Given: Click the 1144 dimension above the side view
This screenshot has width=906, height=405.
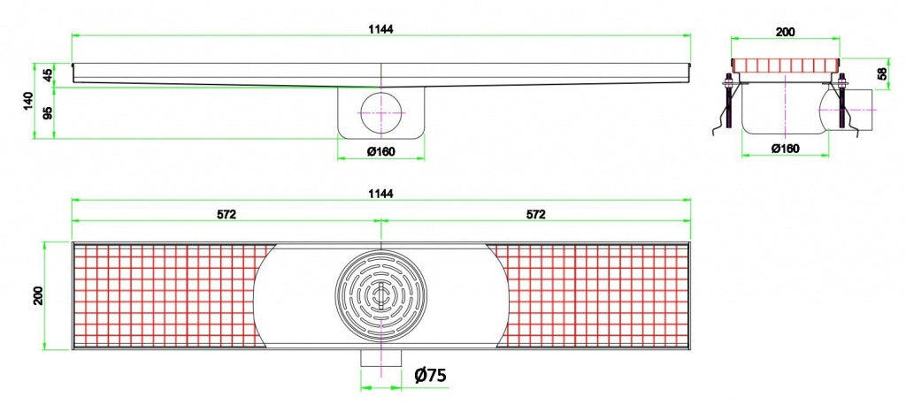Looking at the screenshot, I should coord(381,28).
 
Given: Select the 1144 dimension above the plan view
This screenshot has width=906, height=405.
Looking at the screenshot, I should coord(381,192).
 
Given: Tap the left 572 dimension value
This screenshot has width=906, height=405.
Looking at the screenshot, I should coord(226,213).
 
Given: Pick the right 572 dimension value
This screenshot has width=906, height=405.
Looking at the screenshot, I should coord(535,213).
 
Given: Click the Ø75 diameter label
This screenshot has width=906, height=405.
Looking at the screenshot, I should coord(430,375).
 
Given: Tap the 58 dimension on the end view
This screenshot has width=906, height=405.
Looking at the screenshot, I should coord(881,74).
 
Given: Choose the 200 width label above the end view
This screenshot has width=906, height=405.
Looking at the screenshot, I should coord(785,32).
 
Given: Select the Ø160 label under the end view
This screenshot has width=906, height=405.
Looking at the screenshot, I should coord(785,148).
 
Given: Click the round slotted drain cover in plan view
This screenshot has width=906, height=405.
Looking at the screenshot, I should coord(380,295).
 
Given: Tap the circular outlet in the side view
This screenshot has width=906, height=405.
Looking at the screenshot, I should coord(381,112).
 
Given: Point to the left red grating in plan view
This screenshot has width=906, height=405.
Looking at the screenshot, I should coord(164,295).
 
